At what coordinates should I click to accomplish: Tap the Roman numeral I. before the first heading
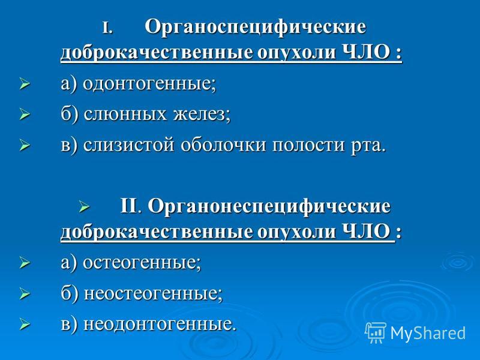[107, 28]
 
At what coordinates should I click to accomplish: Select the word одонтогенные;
[149, 84]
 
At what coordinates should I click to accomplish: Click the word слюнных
[125, 114]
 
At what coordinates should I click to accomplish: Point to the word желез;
[202, 114]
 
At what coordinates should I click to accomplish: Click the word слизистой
[128, 145]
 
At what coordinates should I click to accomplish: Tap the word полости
[308, 145]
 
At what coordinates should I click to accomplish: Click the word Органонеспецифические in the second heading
[269, 207]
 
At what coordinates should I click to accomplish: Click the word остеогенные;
[142, 263]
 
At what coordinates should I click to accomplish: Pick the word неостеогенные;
[153, 293]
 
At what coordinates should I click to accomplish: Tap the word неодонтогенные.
[160, 324]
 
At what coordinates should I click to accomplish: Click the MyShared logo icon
[376, 332]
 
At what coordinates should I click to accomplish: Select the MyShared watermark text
[428, 333]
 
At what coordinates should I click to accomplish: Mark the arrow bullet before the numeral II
[85, 206]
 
